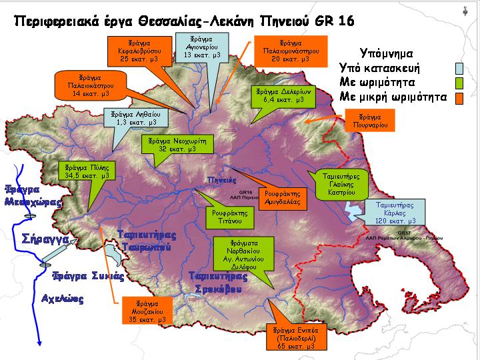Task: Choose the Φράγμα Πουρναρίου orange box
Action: [372, 119]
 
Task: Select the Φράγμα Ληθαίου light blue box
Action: [135, 118]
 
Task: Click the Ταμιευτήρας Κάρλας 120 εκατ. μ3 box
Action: [395, 212]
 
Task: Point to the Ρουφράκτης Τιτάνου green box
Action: [229, 217]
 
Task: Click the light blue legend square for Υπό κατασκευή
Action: [459, 68]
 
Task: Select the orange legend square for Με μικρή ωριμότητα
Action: [459, 97]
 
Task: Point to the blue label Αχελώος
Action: [63, 299]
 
